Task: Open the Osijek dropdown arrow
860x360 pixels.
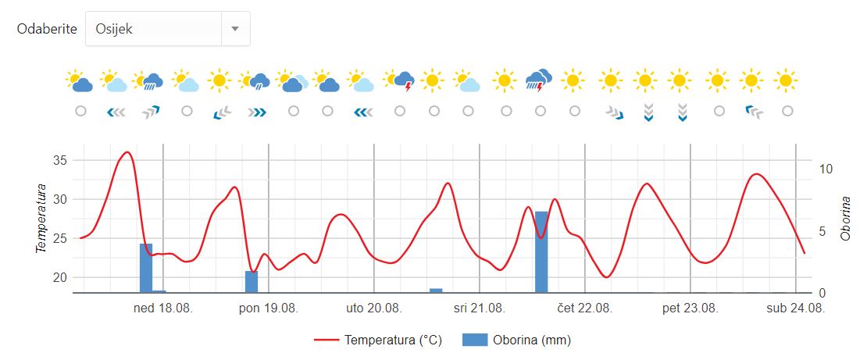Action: click(234, 29)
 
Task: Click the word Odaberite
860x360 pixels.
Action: click(47, 29)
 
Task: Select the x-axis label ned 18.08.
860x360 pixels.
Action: click(163, 308)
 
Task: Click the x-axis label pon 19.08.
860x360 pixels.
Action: click(268, 308)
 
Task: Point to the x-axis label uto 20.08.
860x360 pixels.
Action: click(374, 308)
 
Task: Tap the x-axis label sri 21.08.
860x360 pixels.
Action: click(480, 308)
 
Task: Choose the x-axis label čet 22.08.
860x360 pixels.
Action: click(585, 308)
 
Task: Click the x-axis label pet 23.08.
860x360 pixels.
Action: click(690, 308)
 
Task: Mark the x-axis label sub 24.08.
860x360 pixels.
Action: click(795, 308)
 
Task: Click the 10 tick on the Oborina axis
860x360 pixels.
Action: click(826, 169)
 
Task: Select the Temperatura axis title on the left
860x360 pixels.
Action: click(41, 219)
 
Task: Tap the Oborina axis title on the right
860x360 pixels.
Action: click(845, 219)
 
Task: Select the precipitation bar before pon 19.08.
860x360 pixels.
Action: click(252, 281)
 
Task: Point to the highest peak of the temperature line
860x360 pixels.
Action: click(127, 152)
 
